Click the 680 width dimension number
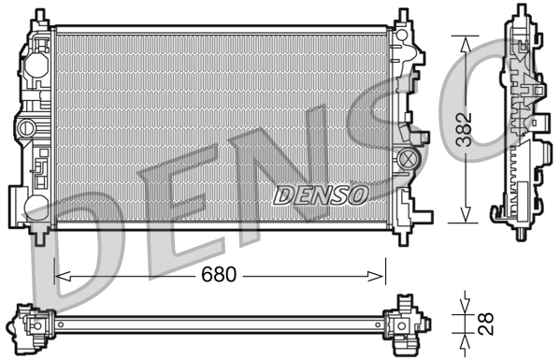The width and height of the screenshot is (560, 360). point(218,276)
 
